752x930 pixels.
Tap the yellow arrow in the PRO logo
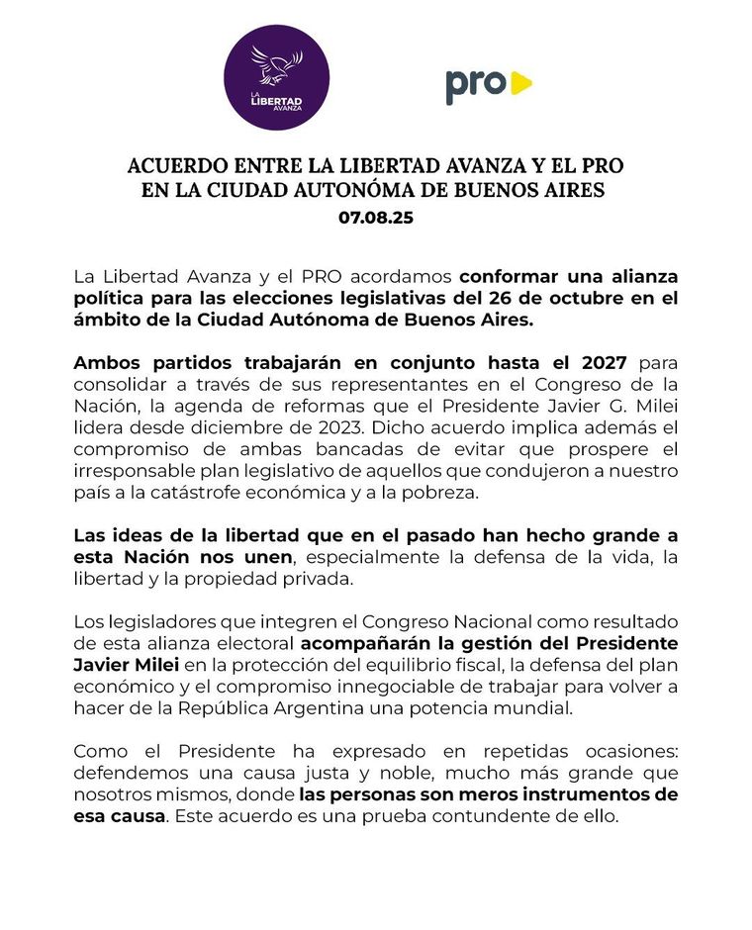(x=520, y=84)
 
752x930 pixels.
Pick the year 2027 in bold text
(x=601, y=363)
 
